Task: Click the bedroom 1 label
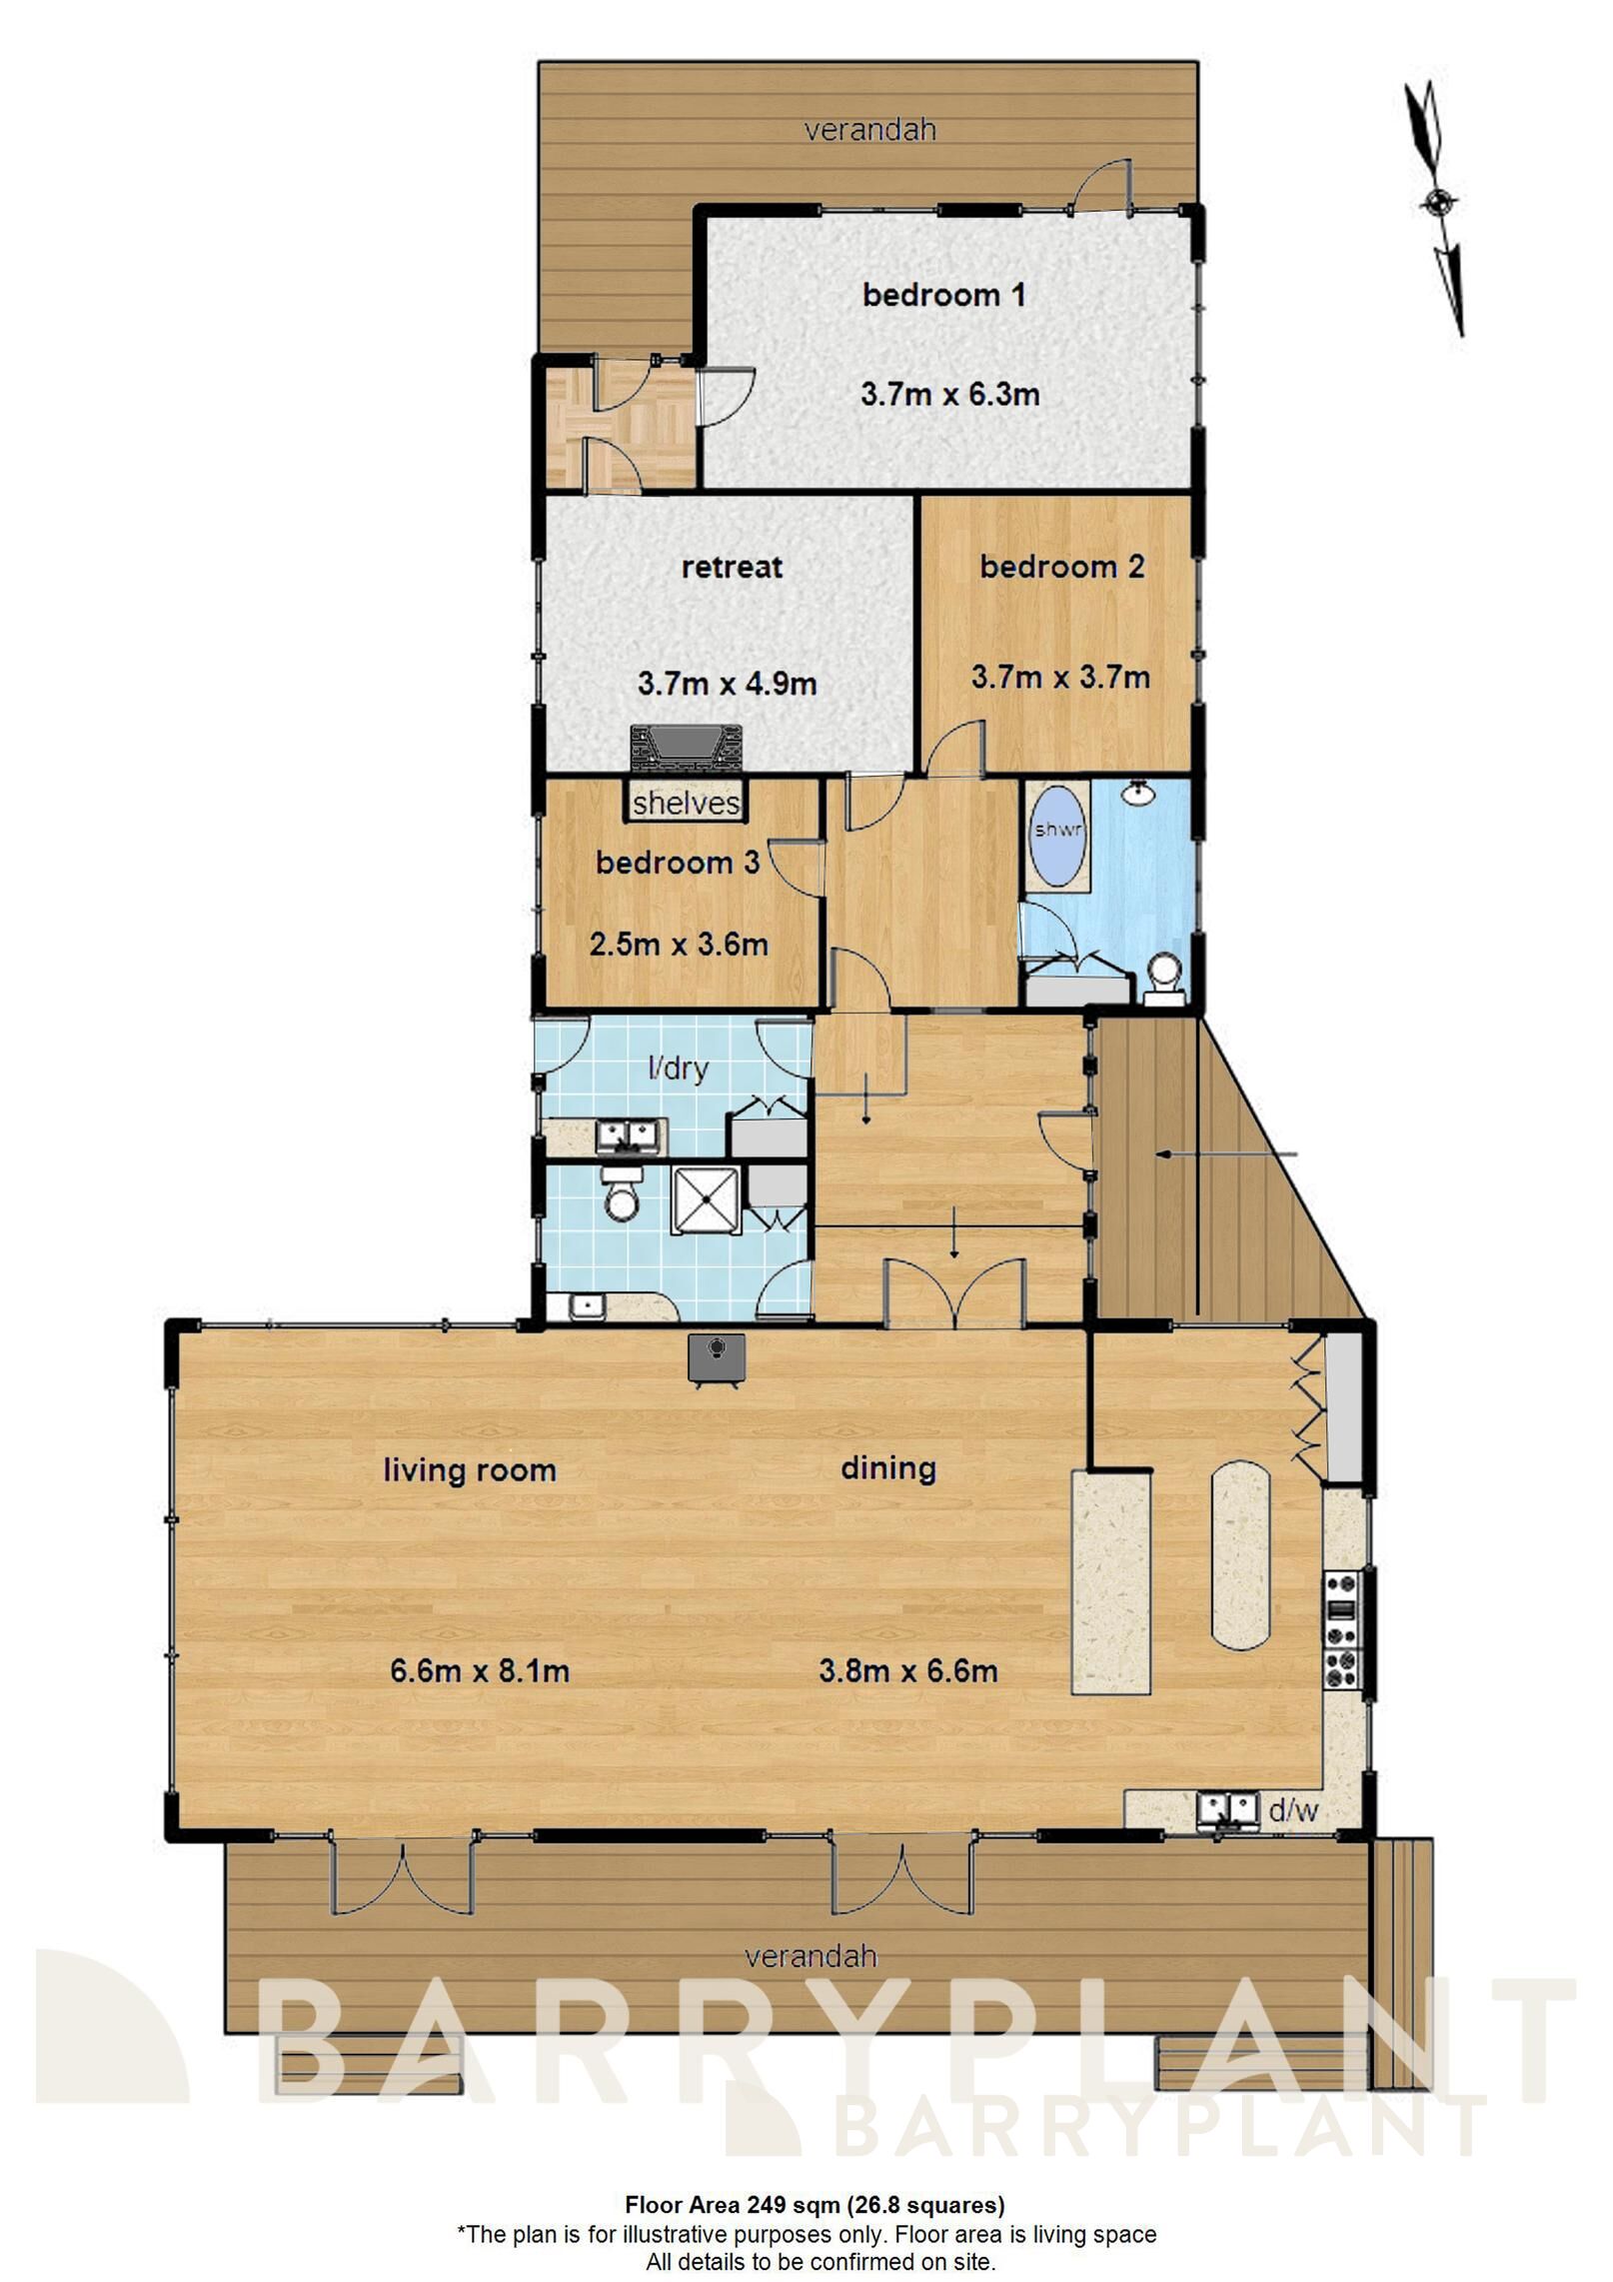coord(943,295)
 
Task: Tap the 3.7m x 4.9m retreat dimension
coord(727,684)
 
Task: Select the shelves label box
coord(687,803)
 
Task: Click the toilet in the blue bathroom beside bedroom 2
coord(1164,975)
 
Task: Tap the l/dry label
coord(679,1069)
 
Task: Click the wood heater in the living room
coord(717,1359)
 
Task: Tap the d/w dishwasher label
coord(1293,1810)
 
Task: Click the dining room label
coord(887,1468)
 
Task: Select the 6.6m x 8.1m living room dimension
coord(480,1670)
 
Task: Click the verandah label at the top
coord(870,129)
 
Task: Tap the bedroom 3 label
coord(678,863)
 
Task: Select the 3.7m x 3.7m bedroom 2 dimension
coord(1059,678)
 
